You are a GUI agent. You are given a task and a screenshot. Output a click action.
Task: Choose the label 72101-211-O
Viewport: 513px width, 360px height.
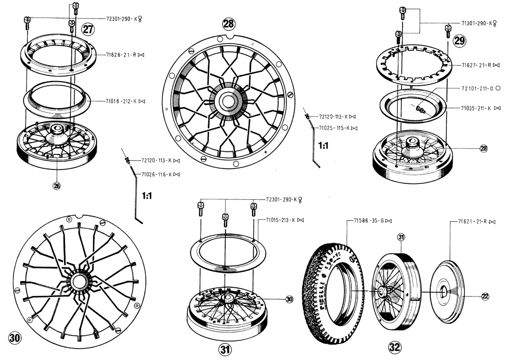click(x=478, y=88)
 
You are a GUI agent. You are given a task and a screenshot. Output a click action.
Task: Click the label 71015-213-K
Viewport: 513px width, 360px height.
click(x=282, y=220)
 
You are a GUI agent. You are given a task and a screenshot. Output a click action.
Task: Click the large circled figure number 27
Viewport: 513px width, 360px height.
click(x=89, y=29)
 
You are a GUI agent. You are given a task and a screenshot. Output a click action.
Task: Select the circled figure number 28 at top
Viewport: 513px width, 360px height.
click(x=228, y=23)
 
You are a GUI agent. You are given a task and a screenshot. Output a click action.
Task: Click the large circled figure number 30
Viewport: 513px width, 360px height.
click(x=15, y=338)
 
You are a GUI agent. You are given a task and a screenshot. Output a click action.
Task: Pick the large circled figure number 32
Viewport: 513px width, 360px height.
click(x=395, y=347)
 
